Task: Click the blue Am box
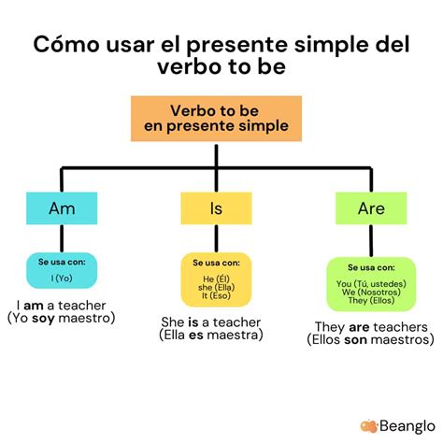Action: (62, 209)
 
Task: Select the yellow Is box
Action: (216, 209)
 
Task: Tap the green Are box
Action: (370, 209)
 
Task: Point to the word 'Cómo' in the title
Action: (65, 44)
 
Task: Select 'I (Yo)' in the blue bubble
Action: (62, 277)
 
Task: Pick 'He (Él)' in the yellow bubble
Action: (216, 278)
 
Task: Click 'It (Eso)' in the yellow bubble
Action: (216, 296)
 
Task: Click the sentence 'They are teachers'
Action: (370, 327)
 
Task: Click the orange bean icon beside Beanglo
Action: (369, 425)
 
